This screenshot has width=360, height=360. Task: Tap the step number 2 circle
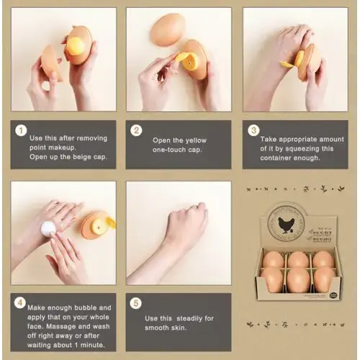click(137, 131)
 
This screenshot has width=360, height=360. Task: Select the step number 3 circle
click(253, 131)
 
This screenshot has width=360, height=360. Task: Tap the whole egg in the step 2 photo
click(167, 30)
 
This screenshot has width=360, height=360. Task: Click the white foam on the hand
click(49, 228)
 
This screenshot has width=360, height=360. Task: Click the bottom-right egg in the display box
click(323, 280)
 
